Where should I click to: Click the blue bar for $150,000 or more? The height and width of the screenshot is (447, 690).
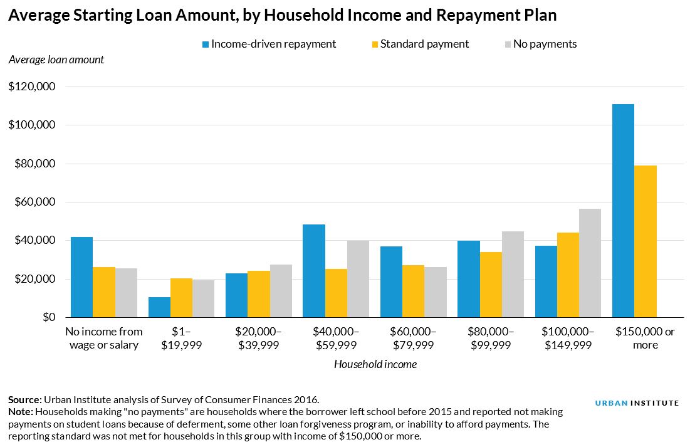[623, 211]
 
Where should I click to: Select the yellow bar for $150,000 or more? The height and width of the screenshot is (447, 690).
[645, 241]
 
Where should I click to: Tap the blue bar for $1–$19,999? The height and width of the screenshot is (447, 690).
[159, 307]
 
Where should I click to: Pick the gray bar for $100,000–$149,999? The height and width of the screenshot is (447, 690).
[590, 263]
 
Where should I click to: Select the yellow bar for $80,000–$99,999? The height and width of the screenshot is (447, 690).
[490, 285]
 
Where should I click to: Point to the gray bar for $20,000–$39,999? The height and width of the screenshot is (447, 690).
[281, 291]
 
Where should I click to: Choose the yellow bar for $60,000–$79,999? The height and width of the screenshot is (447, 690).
[413, 292]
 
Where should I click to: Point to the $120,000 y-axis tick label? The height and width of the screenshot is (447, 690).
[32, 87]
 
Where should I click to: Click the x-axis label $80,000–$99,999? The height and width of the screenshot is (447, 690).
[491, 339]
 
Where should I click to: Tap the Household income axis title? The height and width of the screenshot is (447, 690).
[375, 364]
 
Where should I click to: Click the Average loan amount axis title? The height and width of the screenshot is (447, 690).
[56, 60]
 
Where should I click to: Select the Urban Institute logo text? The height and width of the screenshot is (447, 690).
[637, 403]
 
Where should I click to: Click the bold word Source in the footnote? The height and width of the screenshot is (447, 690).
[24, 399]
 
